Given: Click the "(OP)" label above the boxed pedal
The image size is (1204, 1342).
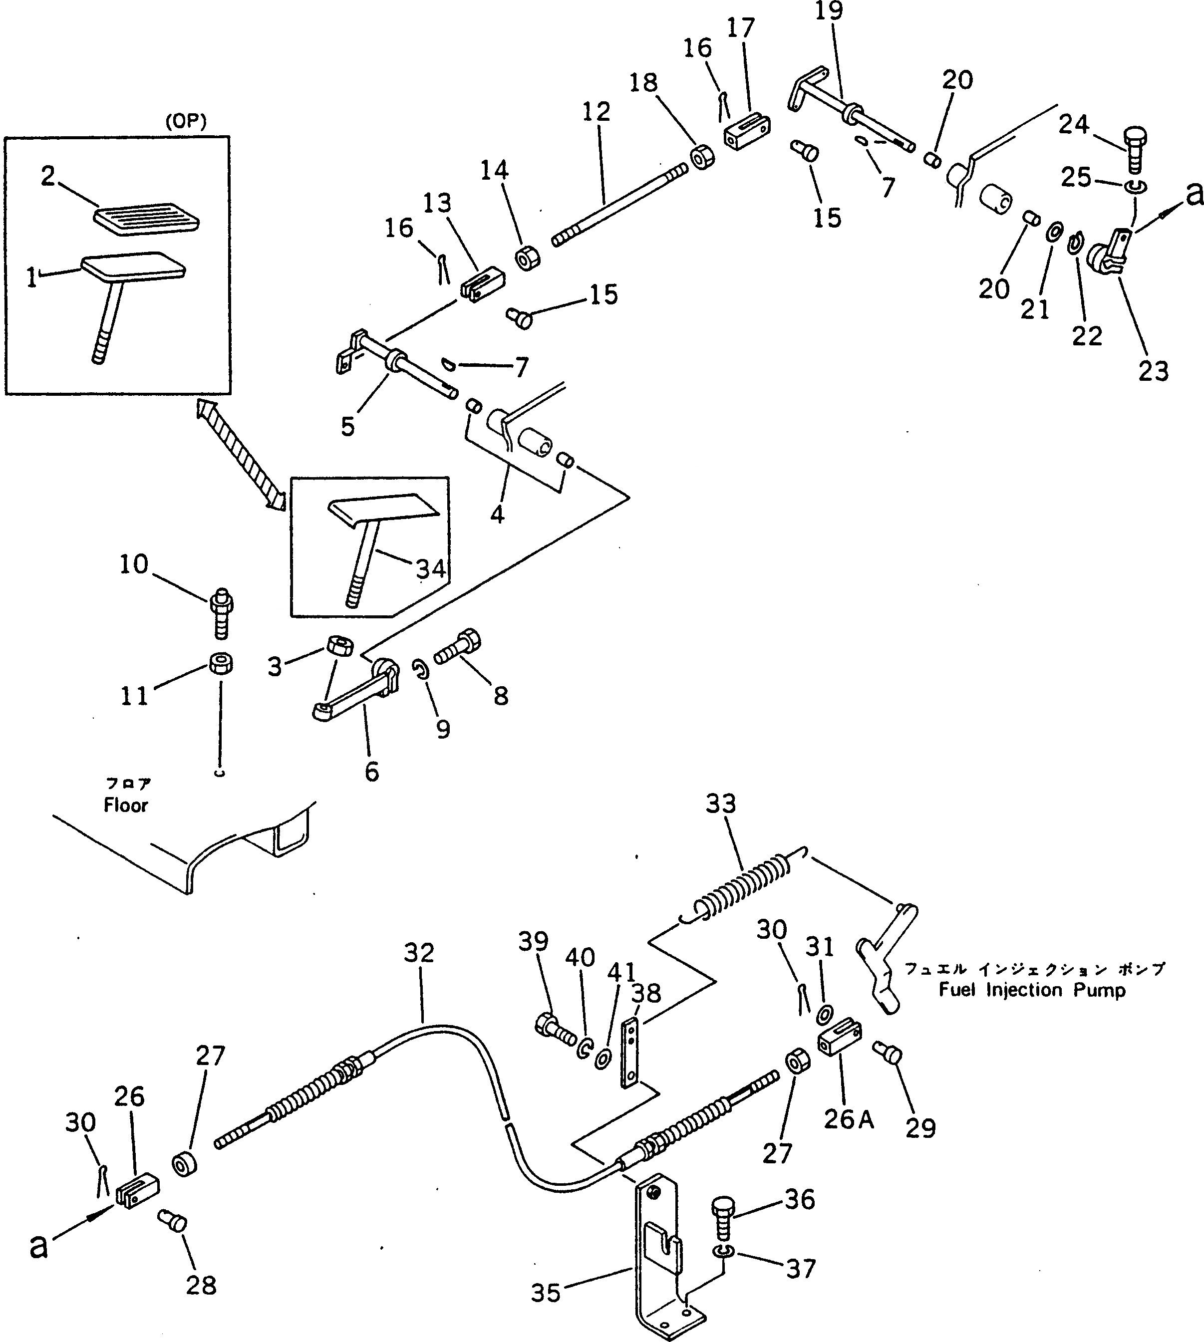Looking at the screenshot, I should click(185, 122).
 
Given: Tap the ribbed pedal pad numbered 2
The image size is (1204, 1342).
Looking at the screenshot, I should click(147, 218).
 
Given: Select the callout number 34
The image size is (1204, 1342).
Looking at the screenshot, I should click(431, 568).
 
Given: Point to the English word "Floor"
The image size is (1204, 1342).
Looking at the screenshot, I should click(126, 805).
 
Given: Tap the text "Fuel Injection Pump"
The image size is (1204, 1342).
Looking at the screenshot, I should click(1031, 990).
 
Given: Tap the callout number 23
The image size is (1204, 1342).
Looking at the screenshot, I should click(1153, 370).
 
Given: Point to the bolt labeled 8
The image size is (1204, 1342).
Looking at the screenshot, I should click(458, 647).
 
